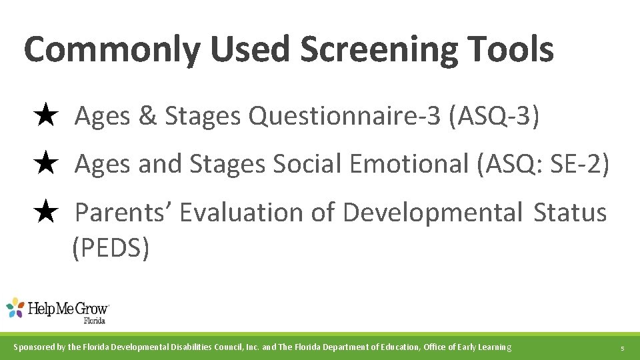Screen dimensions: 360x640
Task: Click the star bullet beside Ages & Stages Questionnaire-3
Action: tap(45, 116)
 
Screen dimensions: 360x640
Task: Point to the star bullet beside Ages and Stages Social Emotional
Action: tap(45, 164)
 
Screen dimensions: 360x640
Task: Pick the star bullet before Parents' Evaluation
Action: tap(45, 213)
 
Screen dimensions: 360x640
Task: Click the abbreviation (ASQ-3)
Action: tap(494, 116)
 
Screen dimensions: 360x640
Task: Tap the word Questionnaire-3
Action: tap(345, 117)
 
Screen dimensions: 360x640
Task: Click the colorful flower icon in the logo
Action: tap(15, 308)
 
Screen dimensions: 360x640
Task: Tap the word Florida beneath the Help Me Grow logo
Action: tap(95, 321)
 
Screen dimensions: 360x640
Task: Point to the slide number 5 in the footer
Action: tap(621, 348)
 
